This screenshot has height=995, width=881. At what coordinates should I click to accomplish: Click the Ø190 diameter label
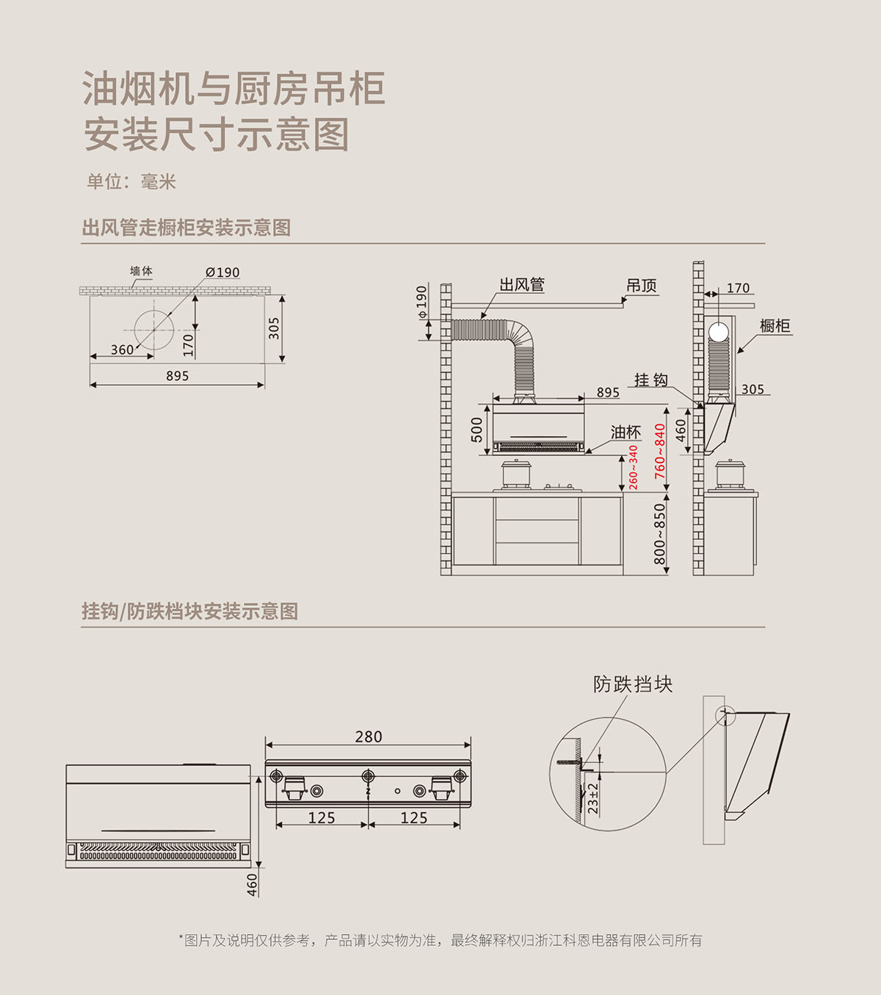pos(222,272)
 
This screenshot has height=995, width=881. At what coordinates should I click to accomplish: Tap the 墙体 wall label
pos(141,271)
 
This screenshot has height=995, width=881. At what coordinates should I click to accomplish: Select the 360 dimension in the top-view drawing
pos(122,350)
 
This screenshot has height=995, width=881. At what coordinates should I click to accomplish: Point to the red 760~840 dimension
pos(660,450)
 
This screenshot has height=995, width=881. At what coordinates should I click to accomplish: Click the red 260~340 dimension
pos(633,467)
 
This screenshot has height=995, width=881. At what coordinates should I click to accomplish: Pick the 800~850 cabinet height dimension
pos(660,533)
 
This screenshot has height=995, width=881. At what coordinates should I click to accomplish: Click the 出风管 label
pos(522,285)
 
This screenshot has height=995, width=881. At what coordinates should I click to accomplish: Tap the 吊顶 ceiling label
pos(641,286)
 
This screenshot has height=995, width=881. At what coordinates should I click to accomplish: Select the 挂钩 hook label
pos(650,380)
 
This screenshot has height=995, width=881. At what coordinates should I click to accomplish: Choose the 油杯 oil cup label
pos(626,433)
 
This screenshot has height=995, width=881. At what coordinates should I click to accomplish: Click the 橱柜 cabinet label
pos(775,325)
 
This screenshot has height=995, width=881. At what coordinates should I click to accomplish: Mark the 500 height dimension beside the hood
pos(477,430)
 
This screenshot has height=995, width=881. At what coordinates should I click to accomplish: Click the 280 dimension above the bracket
pos(369,737)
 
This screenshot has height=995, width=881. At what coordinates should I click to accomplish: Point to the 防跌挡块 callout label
pos(633,684)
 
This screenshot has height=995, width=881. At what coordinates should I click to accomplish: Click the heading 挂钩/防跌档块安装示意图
pos(189,611)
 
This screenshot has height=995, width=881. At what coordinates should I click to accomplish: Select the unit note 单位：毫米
pos(131,182)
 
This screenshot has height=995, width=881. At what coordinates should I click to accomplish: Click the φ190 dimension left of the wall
pos(421,302)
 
